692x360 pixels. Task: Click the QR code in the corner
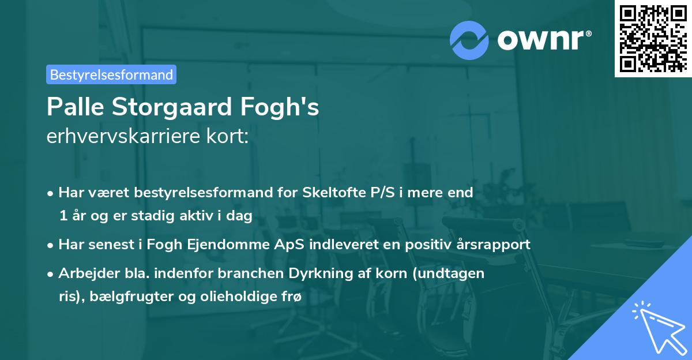(653, 38)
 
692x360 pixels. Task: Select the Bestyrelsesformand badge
(111, 74)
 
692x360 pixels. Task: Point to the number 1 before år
(62, 215)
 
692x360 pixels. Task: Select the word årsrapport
(495, 244)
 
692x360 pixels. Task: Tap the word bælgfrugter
(118, 297)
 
